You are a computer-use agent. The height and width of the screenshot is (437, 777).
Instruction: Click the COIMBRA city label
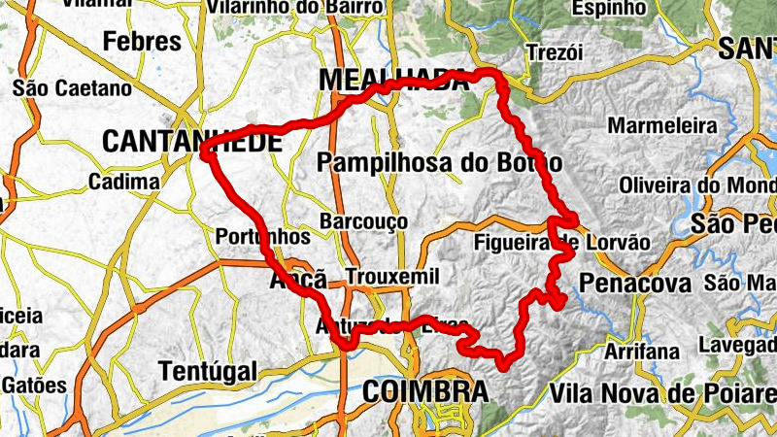[x=424, y=391]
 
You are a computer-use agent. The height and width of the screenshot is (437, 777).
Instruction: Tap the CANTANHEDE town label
[x=191, y=142]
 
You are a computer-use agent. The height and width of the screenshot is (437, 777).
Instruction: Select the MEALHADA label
[x=392, y=80]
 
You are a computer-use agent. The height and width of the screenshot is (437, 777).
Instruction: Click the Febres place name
[x=142, y=42]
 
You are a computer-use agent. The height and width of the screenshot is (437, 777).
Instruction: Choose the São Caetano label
[x=72, y=88]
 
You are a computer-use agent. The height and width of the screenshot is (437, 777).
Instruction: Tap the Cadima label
[x=123, y=183]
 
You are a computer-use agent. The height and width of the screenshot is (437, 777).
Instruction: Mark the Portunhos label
[x=262, y=236]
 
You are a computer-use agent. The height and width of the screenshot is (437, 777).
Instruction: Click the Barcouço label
[x=363, y=222]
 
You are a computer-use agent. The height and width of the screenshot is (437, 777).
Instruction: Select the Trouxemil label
[x=391, y=276]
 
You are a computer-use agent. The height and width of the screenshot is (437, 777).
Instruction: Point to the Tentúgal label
[x=208, y=371]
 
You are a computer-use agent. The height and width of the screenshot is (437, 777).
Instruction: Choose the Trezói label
[x=554, y=52]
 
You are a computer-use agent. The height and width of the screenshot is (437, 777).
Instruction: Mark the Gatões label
[x=33, y=386]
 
